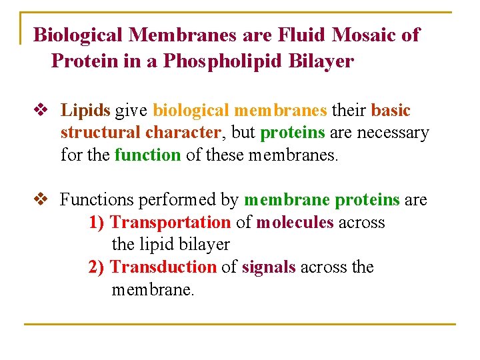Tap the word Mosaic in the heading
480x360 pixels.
click(364, 35)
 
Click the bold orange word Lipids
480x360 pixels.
click(86, 111)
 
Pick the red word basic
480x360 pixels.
click(391, 111)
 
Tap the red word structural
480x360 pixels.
click(101, 133)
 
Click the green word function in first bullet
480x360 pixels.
click(147, 155)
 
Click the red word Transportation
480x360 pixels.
click(170, 222)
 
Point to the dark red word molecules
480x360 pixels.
click(295, 222)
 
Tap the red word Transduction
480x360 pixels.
click(163, 267)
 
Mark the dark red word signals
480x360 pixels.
click(269, 267)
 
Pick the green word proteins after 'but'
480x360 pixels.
click(293, 133)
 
